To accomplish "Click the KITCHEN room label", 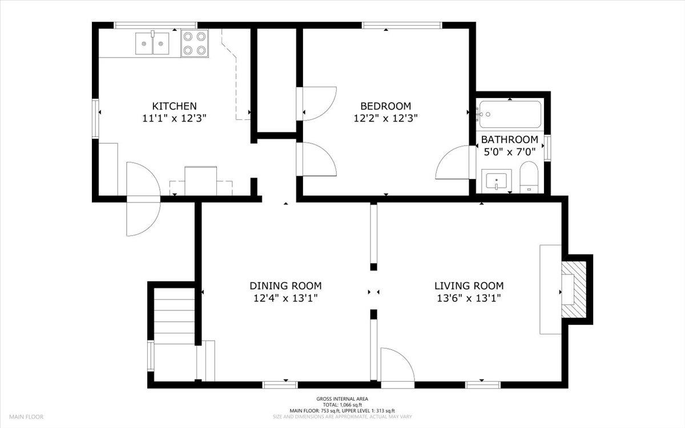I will (x=174, y=106).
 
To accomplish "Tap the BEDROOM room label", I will (x=385, y=106).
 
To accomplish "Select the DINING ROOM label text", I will (x=285, y=286).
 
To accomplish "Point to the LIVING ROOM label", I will (x=469, y=286).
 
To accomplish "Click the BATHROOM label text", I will (x=509, y=140).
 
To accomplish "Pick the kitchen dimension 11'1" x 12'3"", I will (x=174, y=119).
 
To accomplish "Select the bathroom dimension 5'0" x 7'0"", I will (x=509, y=152).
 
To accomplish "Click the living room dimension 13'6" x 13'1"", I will (x=469, y=298).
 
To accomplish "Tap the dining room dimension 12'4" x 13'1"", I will (x=285, y=298).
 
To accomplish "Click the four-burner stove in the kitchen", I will (x=194, y=43).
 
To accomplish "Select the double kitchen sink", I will (x=152, y=43).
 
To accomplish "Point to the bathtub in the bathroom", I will (x=510, y=114).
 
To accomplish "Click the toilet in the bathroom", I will (x=529, y=177).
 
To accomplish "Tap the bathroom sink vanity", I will (x=497, y=181).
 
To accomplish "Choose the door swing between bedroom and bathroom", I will (x=454, y=163).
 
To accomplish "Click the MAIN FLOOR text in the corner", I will (x=26, y=417).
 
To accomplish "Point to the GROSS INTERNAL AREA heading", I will (x=342, y=399).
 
